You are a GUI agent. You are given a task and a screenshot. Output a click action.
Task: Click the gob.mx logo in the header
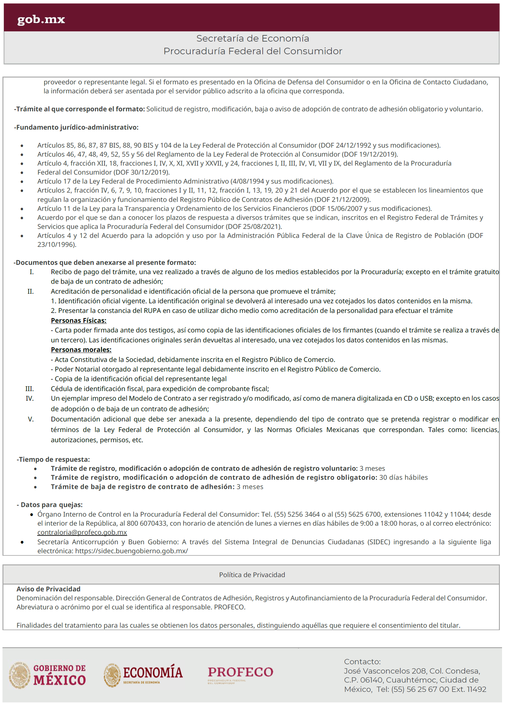pos(41,19)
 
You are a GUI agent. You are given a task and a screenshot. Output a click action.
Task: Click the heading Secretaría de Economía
pos(252,38)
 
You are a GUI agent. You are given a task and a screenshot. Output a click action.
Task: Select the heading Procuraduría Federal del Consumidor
pos(252,51)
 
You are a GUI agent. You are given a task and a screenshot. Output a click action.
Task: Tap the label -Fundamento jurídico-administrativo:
pos(77,127)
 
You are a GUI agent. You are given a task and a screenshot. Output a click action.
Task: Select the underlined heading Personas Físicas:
pos(79,321)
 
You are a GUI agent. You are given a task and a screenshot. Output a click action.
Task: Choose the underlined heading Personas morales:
pos(81,350)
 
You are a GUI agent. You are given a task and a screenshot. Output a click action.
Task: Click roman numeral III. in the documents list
pos(30,389)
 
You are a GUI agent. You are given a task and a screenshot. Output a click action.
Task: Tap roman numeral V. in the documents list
pos(31,419)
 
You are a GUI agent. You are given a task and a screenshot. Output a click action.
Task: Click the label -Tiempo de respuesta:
pos(53,460)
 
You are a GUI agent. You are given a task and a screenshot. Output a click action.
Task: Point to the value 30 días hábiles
pos(403,478)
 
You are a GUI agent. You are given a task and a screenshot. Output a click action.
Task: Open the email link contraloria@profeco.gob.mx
pos(82,532)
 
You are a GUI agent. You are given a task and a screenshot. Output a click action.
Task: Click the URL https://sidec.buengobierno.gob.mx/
pos(131,551)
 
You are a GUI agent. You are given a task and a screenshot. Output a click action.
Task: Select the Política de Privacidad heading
pos(252,575)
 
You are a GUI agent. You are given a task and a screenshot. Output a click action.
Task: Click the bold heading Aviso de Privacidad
pos(48,589)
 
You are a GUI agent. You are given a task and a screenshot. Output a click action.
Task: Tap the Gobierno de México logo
pos(47,675)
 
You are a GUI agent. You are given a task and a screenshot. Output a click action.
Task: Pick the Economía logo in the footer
pos(143,675)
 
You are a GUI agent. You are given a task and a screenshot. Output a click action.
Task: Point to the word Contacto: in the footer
pos(362,662)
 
